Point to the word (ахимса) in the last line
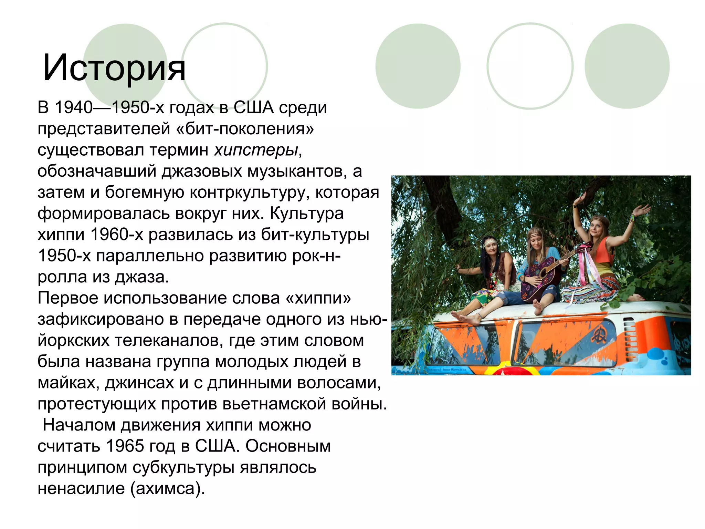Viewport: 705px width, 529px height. point(168,488)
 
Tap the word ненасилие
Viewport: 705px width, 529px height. point(81,488)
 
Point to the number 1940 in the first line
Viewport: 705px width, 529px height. point(74,107)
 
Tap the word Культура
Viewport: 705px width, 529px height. point(307,214)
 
